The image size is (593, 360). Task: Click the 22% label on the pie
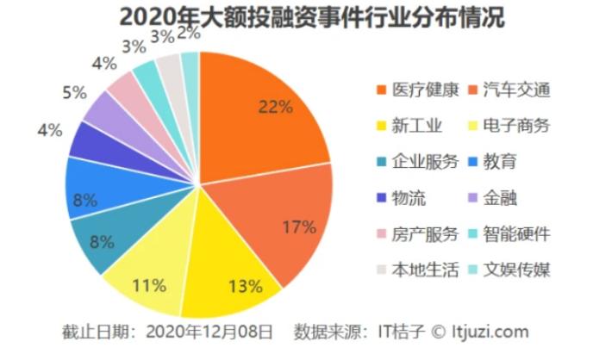pyautogui.click(x=275, y=108)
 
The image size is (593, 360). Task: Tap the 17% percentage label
pyautogui.click(x=299, y=227)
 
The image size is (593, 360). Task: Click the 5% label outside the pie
pyautogui.click(x=75, y=92)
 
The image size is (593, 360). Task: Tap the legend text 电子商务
pyautogui.click(x=516, y=125)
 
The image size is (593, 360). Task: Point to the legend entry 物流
pyautogui.click(x=411, y=197)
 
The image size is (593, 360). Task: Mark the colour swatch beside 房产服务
pyautogui.click(x=382, y=234)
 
